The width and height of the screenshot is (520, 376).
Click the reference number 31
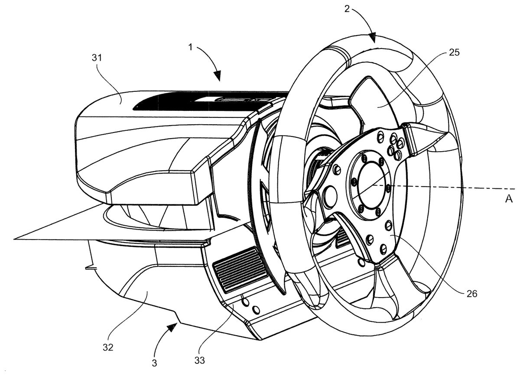(x=97, y=58)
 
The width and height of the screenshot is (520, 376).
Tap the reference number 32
(x=108, y=347)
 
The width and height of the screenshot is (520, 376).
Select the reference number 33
(x=200, y=360)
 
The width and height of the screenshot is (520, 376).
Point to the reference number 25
(x=454, y=52)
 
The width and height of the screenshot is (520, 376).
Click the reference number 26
(x=472, y=294)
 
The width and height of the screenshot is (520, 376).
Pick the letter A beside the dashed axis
(x=509, y=199)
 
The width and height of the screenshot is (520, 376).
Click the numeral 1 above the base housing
(x=191, y=47)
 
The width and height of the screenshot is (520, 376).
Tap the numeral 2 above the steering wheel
(x=347, y=9)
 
